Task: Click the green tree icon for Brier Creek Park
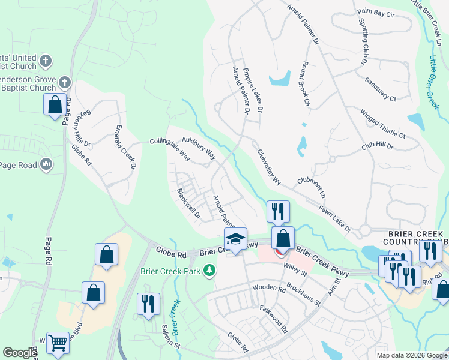pyautogui.click(x=209, y=272)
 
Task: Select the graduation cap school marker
pyautogui.click(x=236, y=238)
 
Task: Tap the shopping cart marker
pyautogui.click(x=58, y=343)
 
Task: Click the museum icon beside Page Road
pyautogui.click(x=47, y=165)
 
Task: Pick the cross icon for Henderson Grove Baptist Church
pyautogui.click(x=65, y=82)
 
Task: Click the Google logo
pyautogui.click(x=20, y=353)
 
